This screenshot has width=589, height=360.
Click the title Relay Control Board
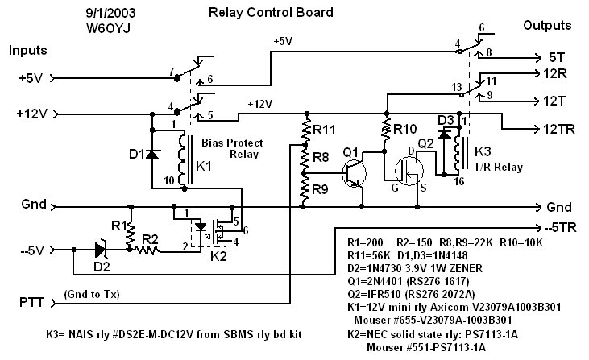coord(270,13)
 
